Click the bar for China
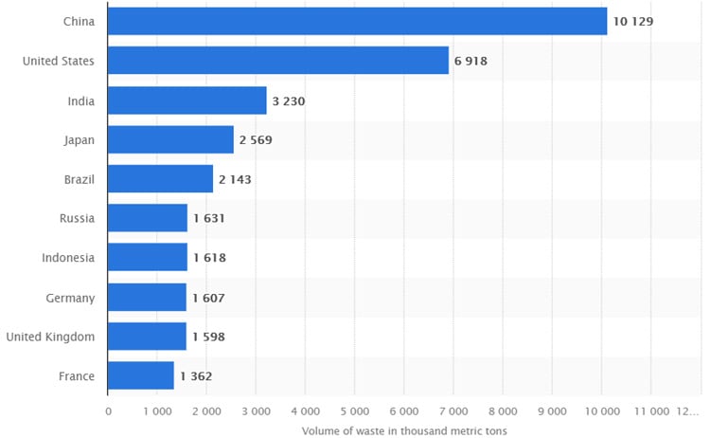point(357,21)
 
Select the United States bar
point(278,61)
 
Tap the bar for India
point(187,100)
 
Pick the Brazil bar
point(160,179)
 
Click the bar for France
point(141,375)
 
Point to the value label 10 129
point(633,21)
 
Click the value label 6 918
point(470,61)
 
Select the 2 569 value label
point(256,140)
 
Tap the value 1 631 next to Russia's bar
point(208,219)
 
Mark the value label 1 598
point(208,337)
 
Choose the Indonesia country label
point(68,258)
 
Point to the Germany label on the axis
point(70,298)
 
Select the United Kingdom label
point(50,337)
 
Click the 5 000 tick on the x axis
point(354,411)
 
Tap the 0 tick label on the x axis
point(108,411)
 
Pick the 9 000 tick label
point(551,411)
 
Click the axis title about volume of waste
point(404,430)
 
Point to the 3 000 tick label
point(256,411)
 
